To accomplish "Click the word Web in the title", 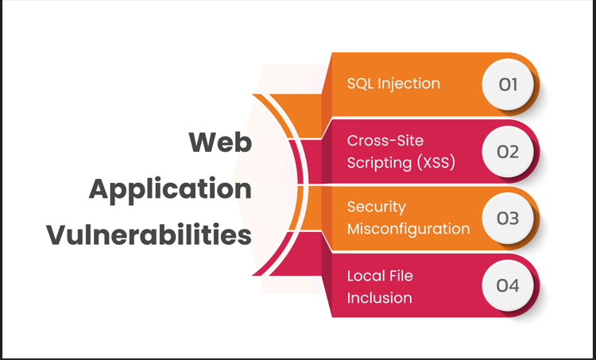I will click(x=220, y=143).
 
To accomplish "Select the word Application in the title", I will click(x=170, y=189).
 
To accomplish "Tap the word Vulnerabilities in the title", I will click(x=149, y=235).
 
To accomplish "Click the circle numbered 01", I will click(x=508, y=83).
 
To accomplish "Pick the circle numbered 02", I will click(x=508, y=151).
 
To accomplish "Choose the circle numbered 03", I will click(x=508, y=218).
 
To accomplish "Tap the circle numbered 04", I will click(x=508, y=285).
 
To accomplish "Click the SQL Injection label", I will click(x=393, y=83).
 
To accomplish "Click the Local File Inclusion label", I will click(x=380, y=287).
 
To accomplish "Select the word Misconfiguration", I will click(x=408, y=229).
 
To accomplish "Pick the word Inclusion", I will click(x=380, y=298).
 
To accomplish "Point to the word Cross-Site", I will click(x=384, y=141).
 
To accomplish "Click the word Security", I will click(x=377, y=207).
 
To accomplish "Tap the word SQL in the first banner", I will click(x=360, y=83).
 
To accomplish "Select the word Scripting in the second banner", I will click(x=378, y=163).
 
